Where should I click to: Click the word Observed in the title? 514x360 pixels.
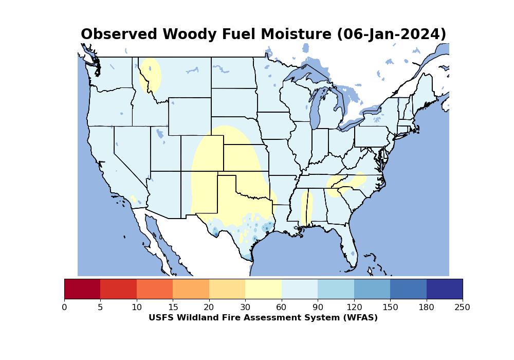119,34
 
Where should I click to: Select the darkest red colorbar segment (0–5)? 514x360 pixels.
82,289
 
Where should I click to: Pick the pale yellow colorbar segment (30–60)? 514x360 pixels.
264,289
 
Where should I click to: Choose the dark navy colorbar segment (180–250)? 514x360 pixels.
445,289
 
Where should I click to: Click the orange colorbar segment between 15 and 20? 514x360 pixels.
191,289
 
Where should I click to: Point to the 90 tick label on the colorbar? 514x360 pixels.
318,307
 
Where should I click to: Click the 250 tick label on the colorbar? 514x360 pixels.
462,307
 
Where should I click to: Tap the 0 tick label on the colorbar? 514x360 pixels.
64,307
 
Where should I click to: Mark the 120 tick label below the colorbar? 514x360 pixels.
354,307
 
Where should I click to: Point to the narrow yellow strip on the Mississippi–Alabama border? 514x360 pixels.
307,207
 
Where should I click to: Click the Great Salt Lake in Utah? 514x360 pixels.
160,133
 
